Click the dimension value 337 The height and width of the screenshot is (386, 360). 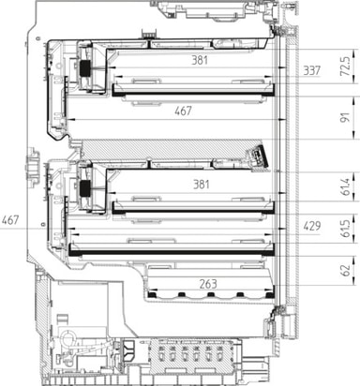311,71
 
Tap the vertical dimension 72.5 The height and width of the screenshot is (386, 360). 345,67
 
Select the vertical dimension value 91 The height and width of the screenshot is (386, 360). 345,117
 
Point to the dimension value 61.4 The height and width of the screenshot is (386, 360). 345,186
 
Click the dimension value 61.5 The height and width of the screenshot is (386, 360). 345,229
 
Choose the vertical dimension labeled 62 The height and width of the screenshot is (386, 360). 345,270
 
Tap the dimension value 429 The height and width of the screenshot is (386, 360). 312,226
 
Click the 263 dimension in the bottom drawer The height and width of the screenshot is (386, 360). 208,284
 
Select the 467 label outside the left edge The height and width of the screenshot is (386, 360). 10,220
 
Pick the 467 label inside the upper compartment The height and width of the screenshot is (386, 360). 183,111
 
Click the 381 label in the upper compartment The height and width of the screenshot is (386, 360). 200,60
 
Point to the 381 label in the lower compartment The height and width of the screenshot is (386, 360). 202,185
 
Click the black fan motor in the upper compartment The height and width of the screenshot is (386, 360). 84,67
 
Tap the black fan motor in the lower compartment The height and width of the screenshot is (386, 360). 84,187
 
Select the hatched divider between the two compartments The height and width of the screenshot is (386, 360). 171,149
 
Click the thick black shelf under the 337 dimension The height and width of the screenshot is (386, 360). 193,94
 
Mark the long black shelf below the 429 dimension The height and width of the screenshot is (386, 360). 172,253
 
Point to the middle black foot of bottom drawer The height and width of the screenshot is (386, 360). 210,294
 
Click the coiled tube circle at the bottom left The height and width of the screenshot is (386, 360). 67,337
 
